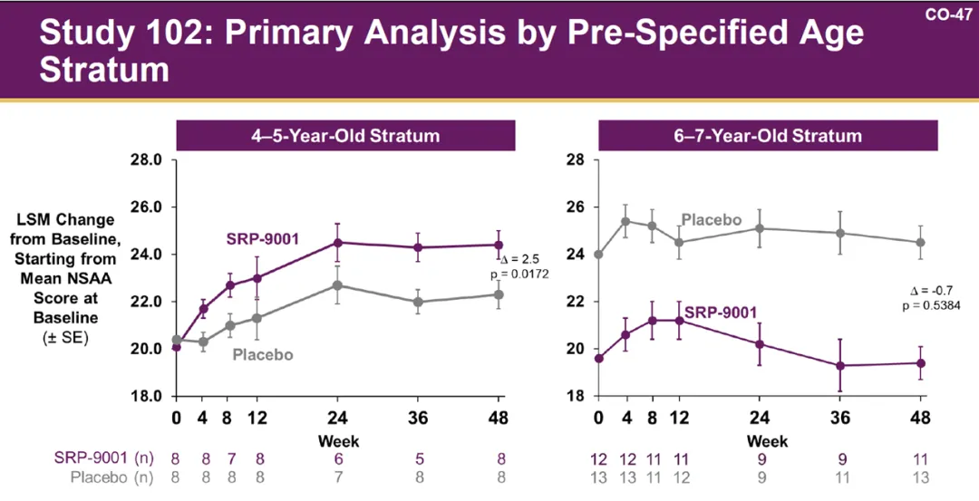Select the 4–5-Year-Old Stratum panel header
point(345,136)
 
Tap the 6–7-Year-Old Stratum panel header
point(767,136)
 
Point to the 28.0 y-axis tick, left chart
point(145,159)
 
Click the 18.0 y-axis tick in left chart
point(145,396)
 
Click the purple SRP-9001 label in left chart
point(263,240)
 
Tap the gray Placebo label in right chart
point(712,220)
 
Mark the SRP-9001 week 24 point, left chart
point(338,242)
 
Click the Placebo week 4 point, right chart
point(625,221)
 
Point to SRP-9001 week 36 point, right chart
point(840,365)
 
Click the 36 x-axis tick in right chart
point(840,419)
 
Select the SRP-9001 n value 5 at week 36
point(418,459)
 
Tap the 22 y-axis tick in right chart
point(577,301)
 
